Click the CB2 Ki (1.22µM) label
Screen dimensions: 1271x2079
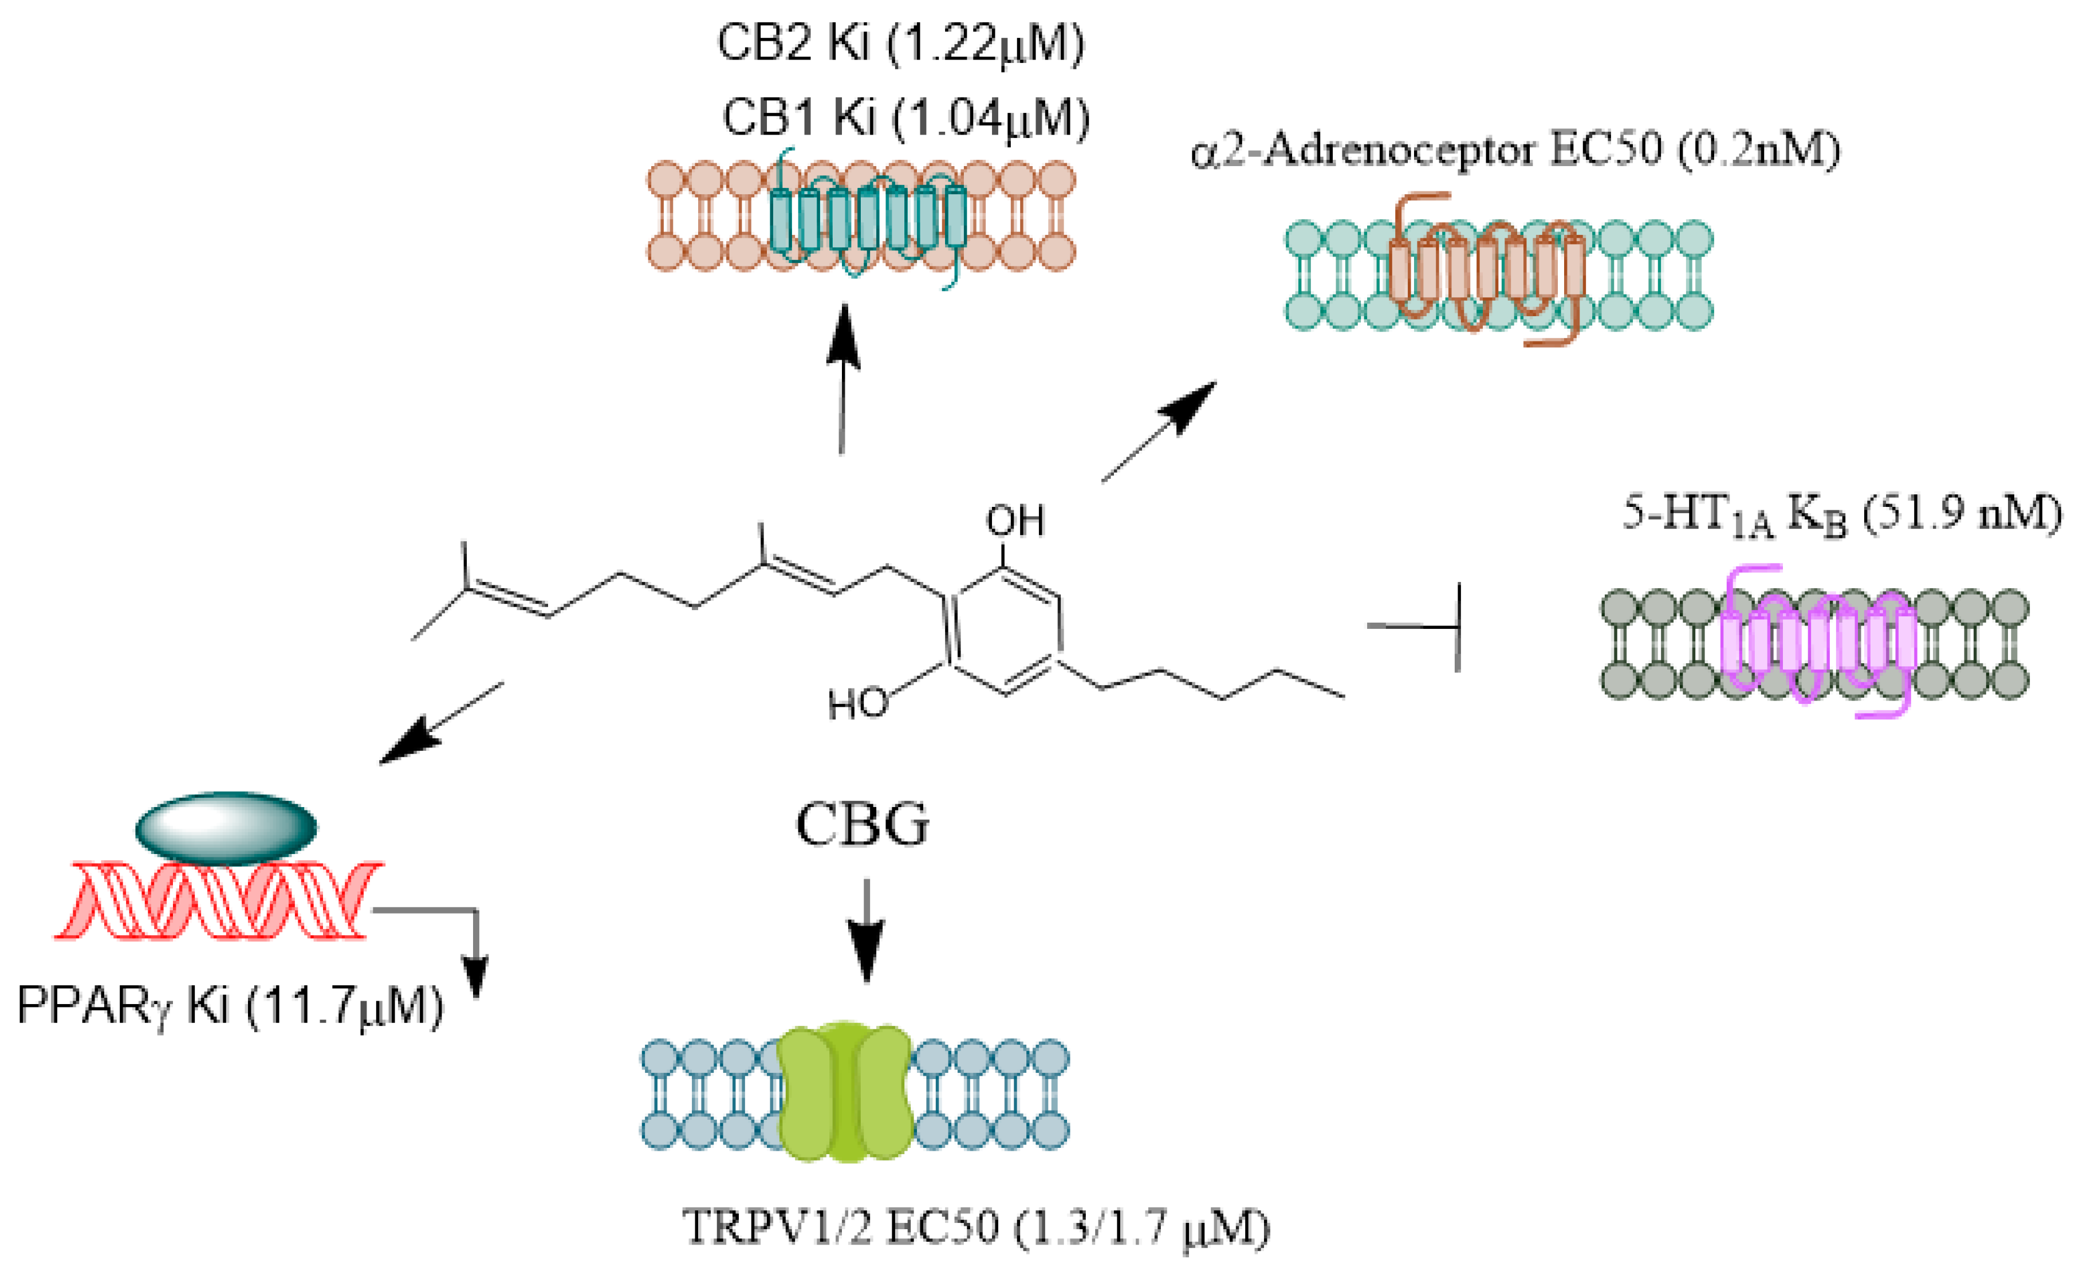(900, 44)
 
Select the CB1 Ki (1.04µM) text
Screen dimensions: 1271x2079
(905, 118)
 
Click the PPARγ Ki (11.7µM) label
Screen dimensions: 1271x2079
(230, 1006)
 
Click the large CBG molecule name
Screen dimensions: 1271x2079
(863, 825)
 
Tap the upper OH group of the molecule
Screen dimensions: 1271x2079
(1015, 522)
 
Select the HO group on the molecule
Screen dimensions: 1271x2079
(858, 704)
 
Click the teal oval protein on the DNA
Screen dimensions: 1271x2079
(226, 827)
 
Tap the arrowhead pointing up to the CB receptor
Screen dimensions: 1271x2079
(843, 337)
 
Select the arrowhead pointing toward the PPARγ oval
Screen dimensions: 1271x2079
(409, 743)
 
